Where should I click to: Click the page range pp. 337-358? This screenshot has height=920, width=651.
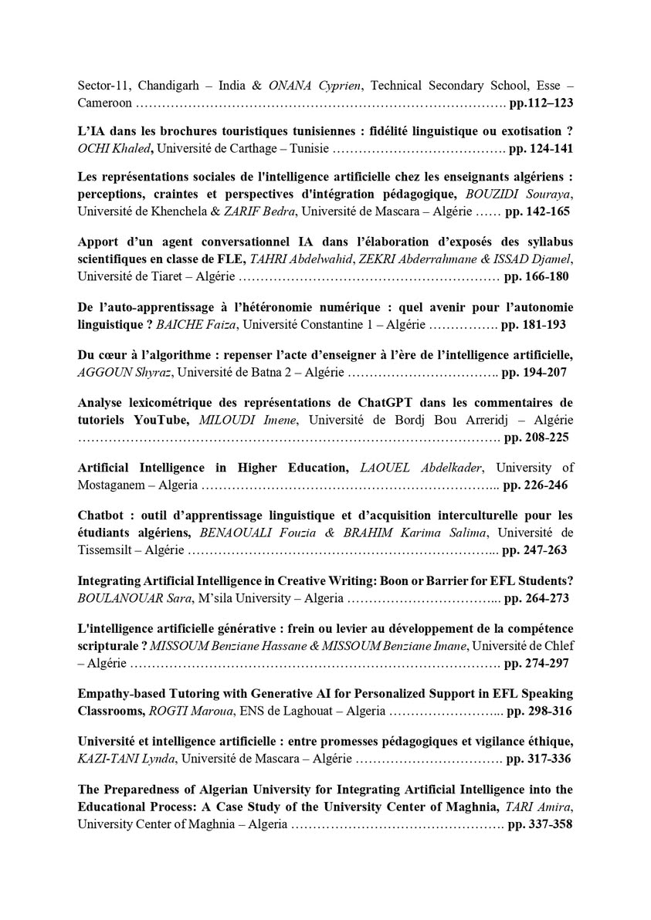(x=538, y=824)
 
